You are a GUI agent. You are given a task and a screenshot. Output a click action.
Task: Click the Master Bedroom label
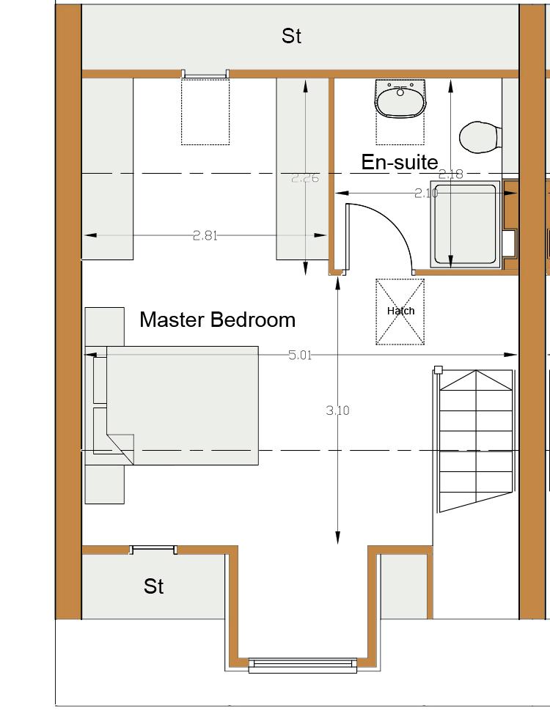click(x=217, y=320)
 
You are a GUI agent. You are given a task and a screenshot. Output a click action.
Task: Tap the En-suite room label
click(x=400, y=162)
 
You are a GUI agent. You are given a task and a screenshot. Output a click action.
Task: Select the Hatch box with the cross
click(x=400, y=311)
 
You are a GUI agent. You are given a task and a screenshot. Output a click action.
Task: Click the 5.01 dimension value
click(x=300, y=355)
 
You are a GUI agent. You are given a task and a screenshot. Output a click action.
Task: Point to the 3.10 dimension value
click(x=337, y=410)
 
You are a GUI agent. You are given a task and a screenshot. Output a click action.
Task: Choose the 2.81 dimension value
click(x=205, y=236)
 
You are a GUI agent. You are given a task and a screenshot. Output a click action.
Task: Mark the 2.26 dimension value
click(x=305, y=178)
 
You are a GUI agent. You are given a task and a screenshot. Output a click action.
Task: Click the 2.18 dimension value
click(x=451, y=174)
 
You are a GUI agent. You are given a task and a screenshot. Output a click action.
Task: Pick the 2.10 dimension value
click(x=426, y=193)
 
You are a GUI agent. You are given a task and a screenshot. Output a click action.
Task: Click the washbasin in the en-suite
click(x=400, y=98)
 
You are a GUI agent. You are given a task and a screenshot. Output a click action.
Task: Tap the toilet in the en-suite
click(x=480, y=137)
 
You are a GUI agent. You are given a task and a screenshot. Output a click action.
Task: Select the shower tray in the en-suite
click(x=465, y=224)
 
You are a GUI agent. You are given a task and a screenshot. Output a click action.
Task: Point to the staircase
click(x=476, y=440)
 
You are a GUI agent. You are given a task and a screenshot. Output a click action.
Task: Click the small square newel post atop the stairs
click(x=438, y=369)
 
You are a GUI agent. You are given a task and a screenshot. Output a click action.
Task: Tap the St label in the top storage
click(x=291, y=36)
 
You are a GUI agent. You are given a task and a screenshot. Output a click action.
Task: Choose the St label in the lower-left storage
click(x=153, y=586)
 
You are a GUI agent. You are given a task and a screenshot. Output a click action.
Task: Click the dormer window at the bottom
click(x=303, y=665)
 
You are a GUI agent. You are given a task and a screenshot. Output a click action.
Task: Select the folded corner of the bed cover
click(x=120, y=449)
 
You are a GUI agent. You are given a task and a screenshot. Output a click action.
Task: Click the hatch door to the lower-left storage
click(x=153, y=550)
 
